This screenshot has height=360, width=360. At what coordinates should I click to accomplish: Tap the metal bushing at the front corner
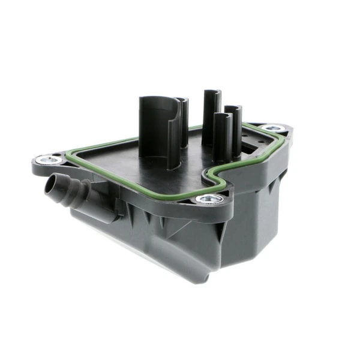coord(210,199)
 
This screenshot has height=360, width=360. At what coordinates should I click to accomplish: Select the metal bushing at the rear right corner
coord(273,128)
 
